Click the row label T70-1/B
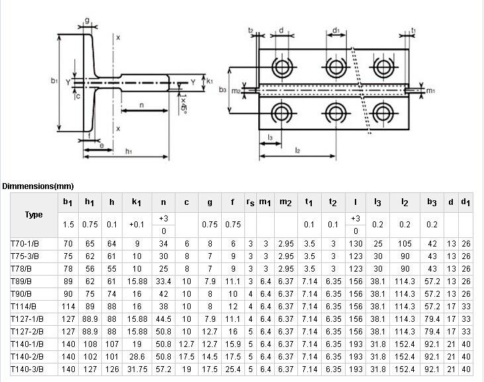pyautogui.click(x=24, y=244)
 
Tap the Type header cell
pyautogui.click(x=33, y=215)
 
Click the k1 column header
pyautogui.click(x=136, y=202)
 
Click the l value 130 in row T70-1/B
pyautogui.click(x=355, y=244)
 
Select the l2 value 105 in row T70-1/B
pyautogui.click(x=404, y=244)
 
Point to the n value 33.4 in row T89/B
pyautogui.click(x=163, y=281)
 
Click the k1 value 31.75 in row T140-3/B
pyautogui.click(x=136, y=367)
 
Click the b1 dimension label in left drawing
pyautogui.click(x=54, y=81)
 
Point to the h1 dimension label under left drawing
pyautogui.click(x=128, y=153)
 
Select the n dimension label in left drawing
pyautogui.click(x=142, y=104)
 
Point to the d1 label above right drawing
pyautogui.click(x=336, y=30)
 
